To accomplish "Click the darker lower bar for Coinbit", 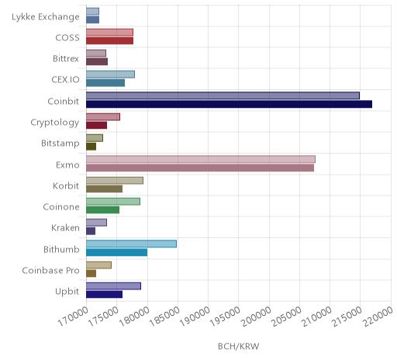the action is [229, 104].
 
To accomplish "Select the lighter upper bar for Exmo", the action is [201, 159].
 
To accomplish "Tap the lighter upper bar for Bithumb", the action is [131, 244].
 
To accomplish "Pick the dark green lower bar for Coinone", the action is [103, 209].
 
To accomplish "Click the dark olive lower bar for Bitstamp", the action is [91, 147].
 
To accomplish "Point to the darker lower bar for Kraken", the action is [91, 231].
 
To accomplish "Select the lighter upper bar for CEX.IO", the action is [110, 74].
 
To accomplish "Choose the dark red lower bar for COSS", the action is [110, 41].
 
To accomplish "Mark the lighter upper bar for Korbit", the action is [115, 181].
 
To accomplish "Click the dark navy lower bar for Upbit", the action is [105, 295].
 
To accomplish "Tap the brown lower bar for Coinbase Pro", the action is [91, 273].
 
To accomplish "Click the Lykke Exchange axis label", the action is [46, 17].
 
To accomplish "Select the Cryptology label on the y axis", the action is [55, 123].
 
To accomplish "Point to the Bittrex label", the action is [66, 59].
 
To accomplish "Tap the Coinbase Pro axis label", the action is [50, 271].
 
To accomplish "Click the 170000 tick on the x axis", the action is [73, 317].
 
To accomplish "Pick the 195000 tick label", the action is [225, 317].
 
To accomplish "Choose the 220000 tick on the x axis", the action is [378, 317].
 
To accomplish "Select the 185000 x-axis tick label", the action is [164, 317].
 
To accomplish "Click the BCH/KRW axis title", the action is [239, 346].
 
